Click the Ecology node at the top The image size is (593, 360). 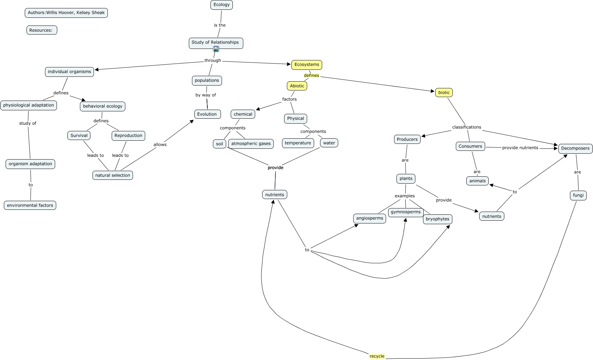[222, 5]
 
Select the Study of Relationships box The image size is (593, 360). [215, 42]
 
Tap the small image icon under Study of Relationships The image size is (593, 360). [216, 49]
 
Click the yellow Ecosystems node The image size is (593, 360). [307, 65]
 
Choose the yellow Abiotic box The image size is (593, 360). [297, 86]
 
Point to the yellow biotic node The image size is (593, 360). [444, 93]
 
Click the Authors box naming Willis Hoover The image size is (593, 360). [66, 13]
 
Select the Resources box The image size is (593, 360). [42, 30]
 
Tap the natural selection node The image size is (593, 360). [113, 175]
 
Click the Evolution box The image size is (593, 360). [207, 114]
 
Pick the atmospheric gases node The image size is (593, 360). [251, 144]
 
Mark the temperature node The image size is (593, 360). [298, 143]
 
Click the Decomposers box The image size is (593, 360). [575, 148]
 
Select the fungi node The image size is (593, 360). [578, 195]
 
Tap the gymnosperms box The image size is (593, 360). [406, 212]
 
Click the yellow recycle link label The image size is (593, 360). [377, 356]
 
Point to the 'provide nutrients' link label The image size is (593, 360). [520, 148]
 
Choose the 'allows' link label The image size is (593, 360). [160, 145]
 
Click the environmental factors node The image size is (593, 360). [30, 205]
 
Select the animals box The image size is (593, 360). [477, 181]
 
